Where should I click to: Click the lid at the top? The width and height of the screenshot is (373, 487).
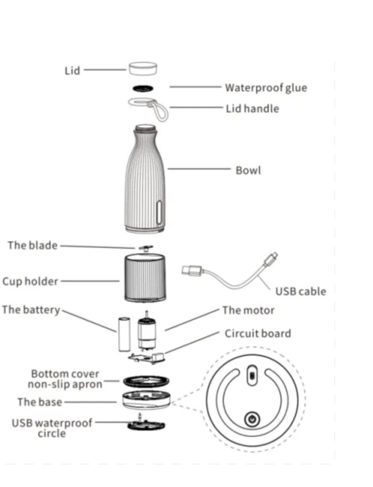click(143, 68)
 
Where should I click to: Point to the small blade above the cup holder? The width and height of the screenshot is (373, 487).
click(144, 247)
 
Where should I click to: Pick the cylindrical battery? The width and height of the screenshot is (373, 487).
click(123, 335)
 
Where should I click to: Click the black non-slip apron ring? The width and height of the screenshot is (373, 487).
click(146, 381)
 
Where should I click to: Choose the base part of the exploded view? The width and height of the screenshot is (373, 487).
click(145, 400)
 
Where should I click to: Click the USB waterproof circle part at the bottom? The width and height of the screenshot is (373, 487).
click(146, 426)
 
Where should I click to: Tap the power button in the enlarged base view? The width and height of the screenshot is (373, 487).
click(252, 419)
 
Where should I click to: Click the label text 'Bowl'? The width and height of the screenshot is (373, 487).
click(248, 170)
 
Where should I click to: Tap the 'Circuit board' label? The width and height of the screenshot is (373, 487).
click(258, 333)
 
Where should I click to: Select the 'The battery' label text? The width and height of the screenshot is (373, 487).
click(31, 310)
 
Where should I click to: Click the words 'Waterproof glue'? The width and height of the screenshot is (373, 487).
click(266, 88)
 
